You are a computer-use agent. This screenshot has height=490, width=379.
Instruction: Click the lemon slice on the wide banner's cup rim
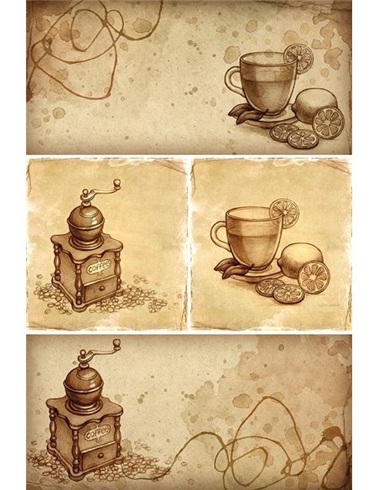(x=297, y=57)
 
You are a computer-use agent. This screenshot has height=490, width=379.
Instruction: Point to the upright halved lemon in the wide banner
(x=327, y=122)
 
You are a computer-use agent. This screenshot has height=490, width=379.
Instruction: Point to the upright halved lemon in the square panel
(x=314, y=276)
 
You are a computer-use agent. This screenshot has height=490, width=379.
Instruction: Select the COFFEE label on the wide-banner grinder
(x=97, y=431)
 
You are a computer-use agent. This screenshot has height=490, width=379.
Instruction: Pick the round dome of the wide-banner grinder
(x=84, y=382)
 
